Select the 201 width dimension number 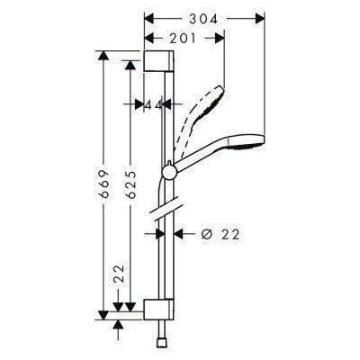pyautogui.click(x=185, y=38)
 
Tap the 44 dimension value pyautogui.click(x=154, y=105)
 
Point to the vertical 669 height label pyautogui.click(x=104, y=184)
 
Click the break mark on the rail pyautogui.click(x=163, y=211)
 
